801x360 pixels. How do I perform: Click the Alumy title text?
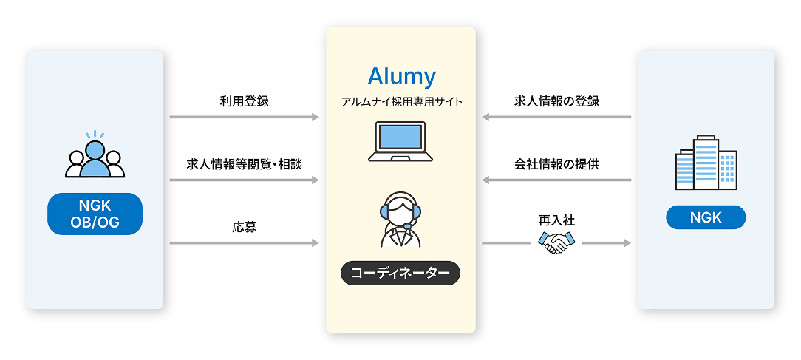click(401, 76)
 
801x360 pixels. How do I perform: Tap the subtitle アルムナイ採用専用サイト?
click(401, 102)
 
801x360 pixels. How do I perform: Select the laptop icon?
click(400, 142)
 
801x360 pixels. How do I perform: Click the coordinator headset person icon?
click(400, 220)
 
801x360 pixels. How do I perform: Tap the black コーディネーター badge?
click(400, 273)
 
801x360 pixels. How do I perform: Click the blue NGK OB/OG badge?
click(95, 214)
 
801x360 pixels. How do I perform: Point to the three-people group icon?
click(95, 156)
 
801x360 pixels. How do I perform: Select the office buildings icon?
click(706, 162)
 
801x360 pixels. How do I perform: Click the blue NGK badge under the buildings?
click(706, 217)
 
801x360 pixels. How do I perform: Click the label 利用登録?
click(244, 101)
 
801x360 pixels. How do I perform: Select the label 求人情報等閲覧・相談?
click(244, 164)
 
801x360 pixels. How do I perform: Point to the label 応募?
click(244, 227)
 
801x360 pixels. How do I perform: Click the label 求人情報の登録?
click(556, 101)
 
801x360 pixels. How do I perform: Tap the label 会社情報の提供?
click(556, 164)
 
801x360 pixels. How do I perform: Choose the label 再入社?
click(556, 220)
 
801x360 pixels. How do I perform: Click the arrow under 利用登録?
click(244, 117)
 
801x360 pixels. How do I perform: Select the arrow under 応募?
click(244, 242)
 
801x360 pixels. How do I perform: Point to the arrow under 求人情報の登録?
click(556, 117)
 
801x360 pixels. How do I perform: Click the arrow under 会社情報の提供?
click(556, 180)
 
